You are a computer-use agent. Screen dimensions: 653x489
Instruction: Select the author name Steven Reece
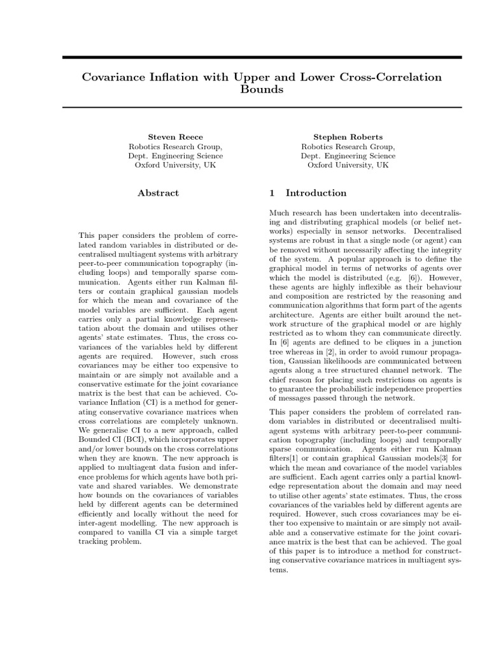click(x=176, y=136)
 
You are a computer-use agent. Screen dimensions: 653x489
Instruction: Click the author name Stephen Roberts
click(x=348, y=136)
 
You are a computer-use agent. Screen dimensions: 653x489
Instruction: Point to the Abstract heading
click(x=159, y=193)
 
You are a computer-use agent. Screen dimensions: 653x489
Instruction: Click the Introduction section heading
click(x=316, y=193)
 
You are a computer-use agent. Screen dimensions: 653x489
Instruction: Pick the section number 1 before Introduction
click(x=273, y=193)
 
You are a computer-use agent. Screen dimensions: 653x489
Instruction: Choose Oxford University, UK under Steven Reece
click(x=176, y=165)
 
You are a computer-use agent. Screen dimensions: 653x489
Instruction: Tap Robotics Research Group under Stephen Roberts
click(x=348, y=146)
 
